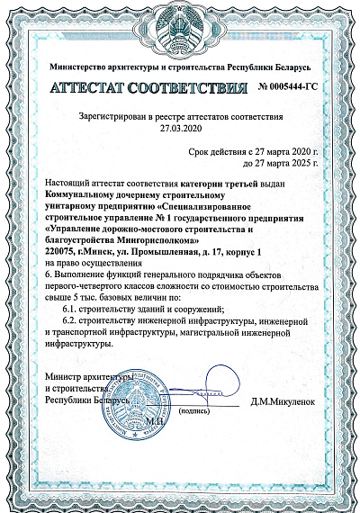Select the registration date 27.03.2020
181,128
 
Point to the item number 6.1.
71,307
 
